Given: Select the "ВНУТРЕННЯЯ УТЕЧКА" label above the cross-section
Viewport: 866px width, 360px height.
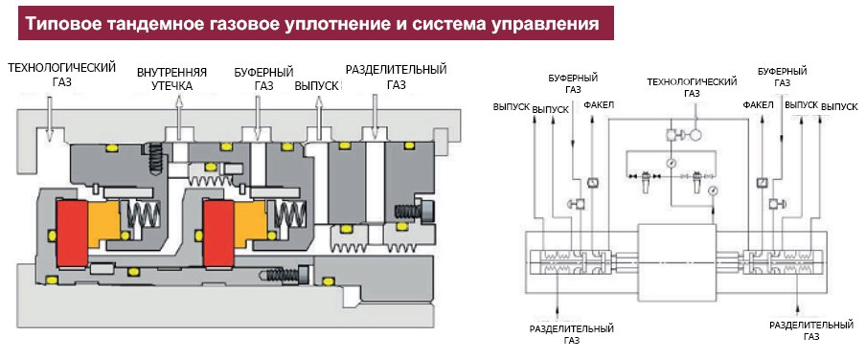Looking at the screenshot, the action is coord(172,79).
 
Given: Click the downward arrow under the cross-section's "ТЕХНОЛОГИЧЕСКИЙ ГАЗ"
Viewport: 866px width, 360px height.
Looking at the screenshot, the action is coord(48,117).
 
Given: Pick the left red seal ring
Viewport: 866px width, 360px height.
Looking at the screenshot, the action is coord(71,233).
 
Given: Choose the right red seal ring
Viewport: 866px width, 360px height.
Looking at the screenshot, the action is coord(219,233).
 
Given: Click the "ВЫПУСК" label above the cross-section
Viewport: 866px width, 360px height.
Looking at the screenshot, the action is coord(317,86).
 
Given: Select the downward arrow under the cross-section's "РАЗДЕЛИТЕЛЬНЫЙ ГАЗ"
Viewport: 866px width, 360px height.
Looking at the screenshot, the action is coord(375,116).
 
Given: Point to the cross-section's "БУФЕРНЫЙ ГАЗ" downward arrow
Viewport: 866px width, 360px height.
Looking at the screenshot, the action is coord(257,116).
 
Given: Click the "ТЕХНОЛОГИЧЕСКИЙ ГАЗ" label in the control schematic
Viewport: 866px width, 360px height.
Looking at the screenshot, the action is coord(693,87).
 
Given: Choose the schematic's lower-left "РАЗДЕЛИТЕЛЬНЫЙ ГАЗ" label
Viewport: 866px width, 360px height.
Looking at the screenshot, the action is coord(572,334).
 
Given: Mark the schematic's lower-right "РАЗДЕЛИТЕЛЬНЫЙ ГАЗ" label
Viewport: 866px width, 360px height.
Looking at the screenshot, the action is coord(810,329).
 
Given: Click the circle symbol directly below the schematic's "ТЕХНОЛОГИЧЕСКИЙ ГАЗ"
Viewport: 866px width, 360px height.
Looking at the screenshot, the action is coord(695,134).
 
